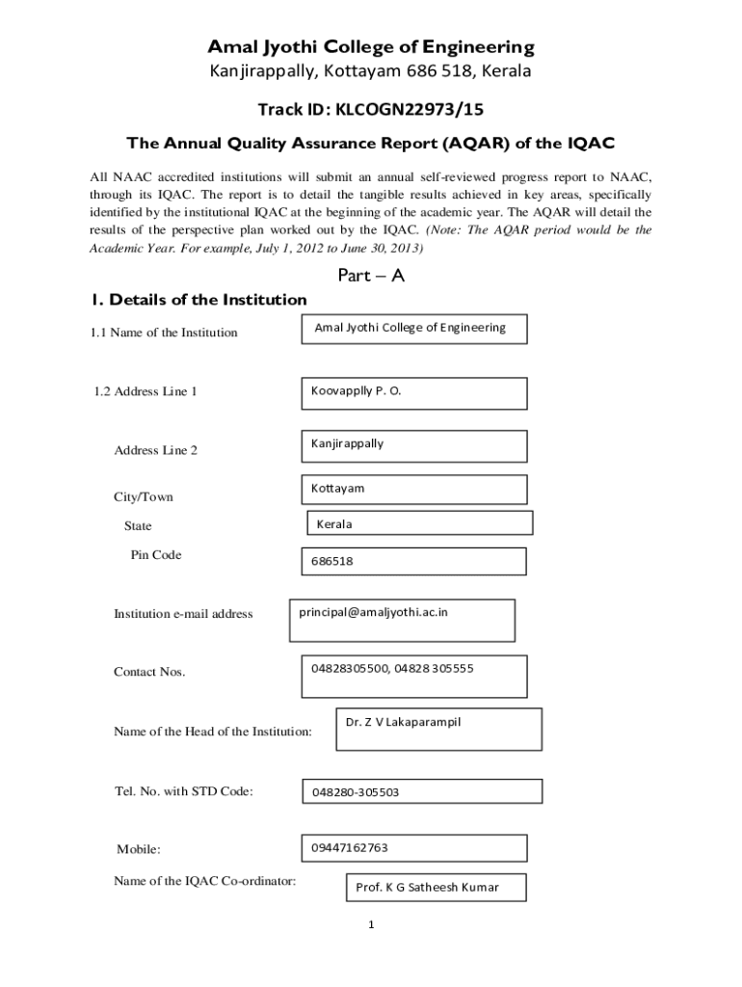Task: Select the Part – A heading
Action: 371,276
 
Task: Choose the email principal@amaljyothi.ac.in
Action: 373,612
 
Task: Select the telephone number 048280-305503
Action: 355,792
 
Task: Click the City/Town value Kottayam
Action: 337,489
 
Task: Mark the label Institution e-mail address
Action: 183,614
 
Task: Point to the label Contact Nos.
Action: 149,672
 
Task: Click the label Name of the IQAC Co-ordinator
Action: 204,881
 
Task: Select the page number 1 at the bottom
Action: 371,925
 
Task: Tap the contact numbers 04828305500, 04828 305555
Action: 391,668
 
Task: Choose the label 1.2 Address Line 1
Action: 146,392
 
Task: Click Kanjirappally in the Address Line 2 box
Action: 347,443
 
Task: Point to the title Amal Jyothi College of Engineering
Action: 371,47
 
